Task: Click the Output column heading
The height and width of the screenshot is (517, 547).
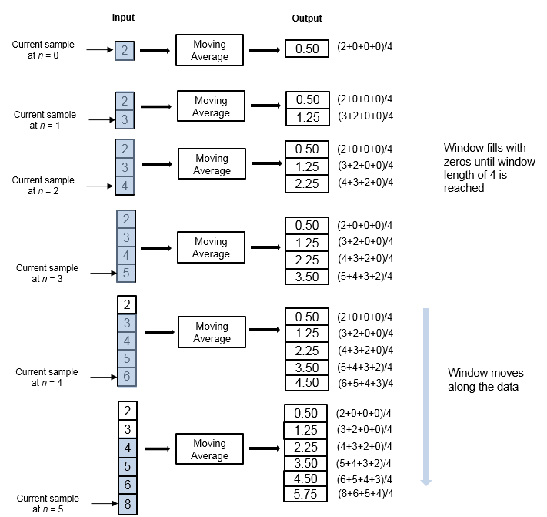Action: [x=307, y=18]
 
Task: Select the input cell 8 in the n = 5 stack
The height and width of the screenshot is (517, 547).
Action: [x=128, y=504]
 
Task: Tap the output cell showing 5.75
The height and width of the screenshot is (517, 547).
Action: [x=306, y=495]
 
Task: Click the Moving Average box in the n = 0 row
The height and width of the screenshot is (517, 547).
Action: [x=209, y=51]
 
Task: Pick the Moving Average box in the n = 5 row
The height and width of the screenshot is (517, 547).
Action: [x=209, y=449]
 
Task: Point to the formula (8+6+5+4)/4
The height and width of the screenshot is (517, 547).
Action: [x=365, y=493]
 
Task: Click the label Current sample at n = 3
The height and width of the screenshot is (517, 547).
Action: [x=47, y=274]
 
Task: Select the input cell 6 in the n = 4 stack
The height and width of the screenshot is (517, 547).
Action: [x=128, y=376]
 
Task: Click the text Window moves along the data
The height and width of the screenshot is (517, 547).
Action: [x=483, y=380]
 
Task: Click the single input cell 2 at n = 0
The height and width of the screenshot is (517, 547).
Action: [x=125, y=52]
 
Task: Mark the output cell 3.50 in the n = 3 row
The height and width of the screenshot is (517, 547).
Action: [x=307, y=277]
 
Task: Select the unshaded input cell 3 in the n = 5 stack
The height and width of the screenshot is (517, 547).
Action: [x=128, y=429]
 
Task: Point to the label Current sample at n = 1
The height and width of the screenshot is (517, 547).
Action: [x=45, y=120]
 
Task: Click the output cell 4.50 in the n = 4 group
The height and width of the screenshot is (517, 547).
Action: [x=307, y=383]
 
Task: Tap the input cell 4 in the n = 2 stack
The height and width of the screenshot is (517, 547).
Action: [x=125, y=185]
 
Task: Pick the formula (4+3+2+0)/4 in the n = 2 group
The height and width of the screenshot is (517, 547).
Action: [x=365, y=183]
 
